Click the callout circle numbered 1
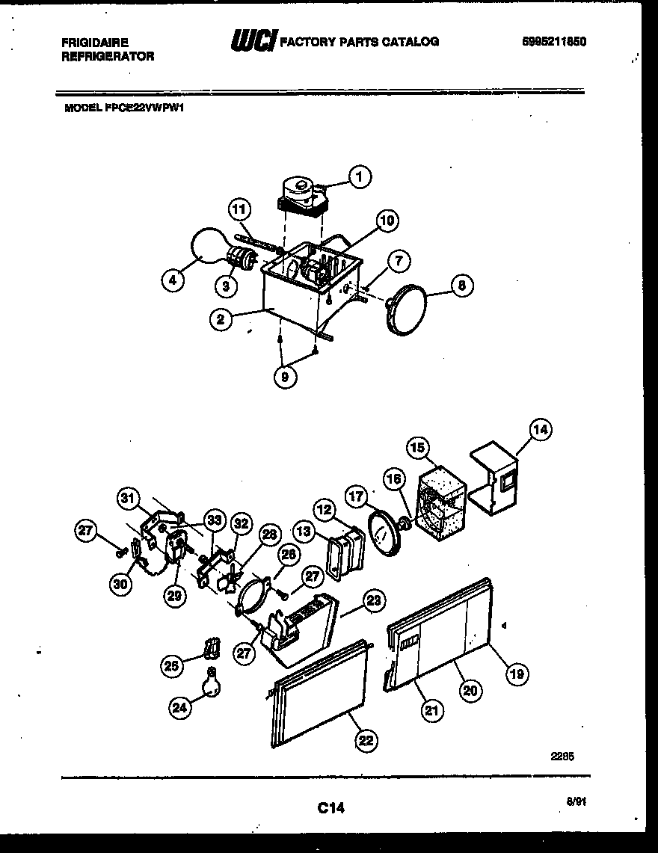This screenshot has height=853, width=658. tap(360, 177)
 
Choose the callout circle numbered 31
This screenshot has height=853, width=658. tap(129, 498)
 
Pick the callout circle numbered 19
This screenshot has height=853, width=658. tap(516, 674)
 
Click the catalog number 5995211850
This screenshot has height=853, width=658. tap(553, 43)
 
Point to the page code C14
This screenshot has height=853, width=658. tap(330, 807)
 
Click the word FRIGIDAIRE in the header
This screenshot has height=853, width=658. tap(95, 43)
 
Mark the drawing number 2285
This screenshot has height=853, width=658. tap(562, 756)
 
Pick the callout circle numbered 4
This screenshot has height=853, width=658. tap(173, 281)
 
